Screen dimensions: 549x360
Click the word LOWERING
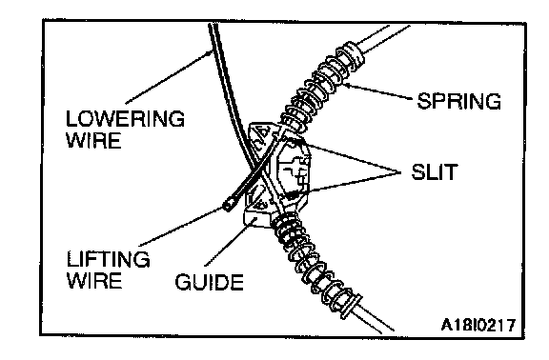click(125, 119)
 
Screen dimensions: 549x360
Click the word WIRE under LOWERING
click(93, 140)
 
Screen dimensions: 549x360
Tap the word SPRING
click(459, 101)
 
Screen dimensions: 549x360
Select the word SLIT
click(435, 171)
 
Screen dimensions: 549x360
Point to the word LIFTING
click(109, 259)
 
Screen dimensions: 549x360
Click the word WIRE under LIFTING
click(94, 281)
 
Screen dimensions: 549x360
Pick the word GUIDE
click(210, 282)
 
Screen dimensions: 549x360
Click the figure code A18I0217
click(478, 325)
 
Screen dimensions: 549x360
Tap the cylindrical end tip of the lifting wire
click(230, 205)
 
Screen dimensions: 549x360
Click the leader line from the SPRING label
click(377, 91)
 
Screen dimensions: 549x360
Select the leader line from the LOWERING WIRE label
click(168, 77)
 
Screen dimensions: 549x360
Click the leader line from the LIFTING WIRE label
click(181, 227)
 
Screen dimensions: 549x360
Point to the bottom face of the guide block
click(255, 219)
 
